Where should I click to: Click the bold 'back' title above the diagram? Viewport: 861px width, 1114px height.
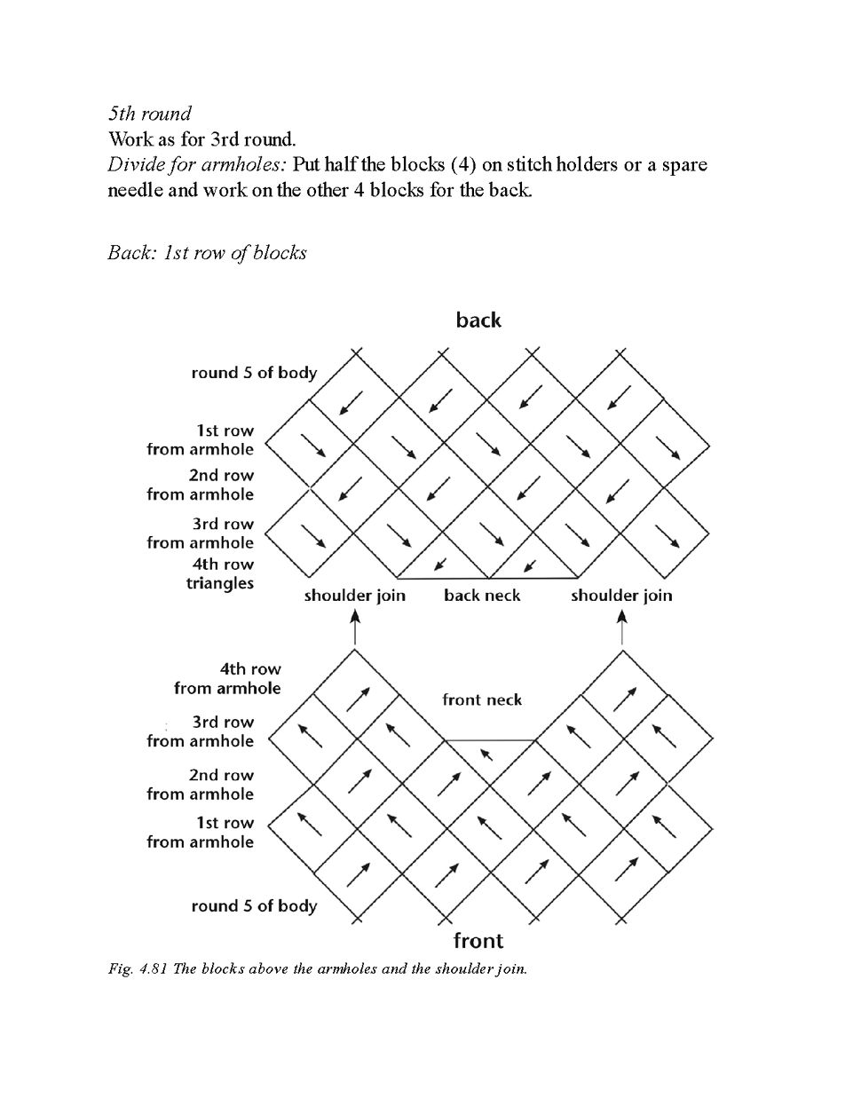pyautogui.click(x=478, y=320)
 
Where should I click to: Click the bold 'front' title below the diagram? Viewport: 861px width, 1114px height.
pyautogui.click(x=478, y=940)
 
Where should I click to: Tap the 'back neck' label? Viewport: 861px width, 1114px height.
pyautogui.click(x=482, y=595)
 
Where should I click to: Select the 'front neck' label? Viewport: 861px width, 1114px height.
pyautogui.click(x=482, y=699)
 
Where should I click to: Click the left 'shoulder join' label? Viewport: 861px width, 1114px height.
pyautogui.click(x=354, y=595)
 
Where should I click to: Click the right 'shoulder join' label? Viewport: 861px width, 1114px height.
pyautogui.click(x=621, y=595)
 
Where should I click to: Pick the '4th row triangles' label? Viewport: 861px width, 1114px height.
pyautogui.click(x=220, y=573)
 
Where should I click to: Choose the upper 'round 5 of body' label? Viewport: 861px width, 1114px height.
pyautogui.click(x=254, y=373)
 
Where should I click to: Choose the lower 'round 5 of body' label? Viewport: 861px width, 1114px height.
pyautogui.click(x=254, y=906)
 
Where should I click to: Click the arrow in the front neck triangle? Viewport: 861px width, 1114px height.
pyautogui.click(x=486, y=755)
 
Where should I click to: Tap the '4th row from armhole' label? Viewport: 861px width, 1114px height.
pyautogui.click(x=227, y=678)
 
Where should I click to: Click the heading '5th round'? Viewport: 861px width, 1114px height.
pyautogui.click(x=149, y=114)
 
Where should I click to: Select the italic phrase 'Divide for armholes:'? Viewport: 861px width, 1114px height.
pyautogui.click(x=197, y=165)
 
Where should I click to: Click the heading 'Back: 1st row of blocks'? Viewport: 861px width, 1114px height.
pyautogui.click(x=207, y=253)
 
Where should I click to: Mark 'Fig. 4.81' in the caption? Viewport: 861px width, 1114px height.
pyautogui.click(x=138, y=968)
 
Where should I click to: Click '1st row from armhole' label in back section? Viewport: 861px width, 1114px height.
pyautogui.click(x=201, y=439)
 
